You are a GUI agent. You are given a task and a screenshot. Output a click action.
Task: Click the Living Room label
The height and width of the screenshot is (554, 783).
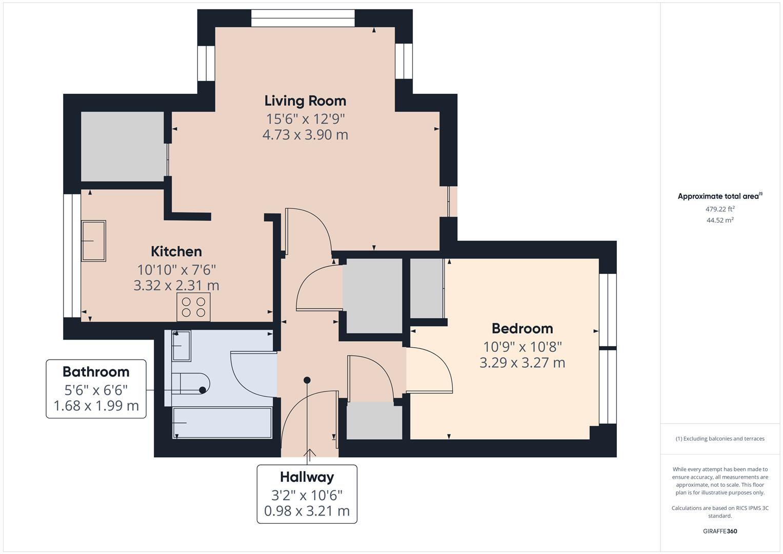coord(305,101)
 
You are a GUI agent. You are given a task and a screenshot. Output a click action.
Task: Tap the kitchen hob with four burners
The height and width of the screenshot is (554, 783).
coord(193,307)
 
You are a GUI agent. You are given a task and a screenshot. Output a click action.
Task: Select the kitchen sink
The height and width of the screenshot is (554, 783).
coord(93,241)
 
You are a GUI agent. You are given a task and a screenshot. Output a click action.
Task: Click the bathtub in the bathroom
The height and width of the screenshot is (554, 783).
coord(222,423)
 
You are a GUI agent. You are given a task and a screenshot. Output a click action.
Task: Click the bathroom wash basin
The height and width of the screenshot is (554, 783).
coord(181,345)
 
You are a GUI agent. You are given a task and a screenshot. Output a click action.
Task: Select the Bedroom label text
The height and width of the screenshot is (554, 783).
coord(522,328)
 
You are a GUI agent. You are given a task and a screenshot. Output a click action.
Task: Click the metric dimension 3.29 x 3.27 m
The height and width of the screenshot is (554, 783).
coord(522,363)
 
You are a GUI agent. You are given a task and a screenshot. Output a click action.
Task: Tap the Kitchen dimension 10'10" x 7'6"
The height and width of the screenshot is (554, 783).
coord(176,269)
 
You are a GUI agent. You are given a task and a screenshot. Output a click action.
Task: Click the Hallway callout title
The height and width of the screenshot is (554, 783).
coord(307,477)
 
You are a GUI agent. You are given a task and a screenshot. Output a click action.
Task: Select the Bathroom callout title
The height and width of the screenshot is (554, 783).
coord(96,371)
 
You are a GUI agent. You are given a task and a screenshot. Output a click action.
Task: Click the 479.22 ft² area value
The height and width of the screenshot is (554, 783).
coord(720,209)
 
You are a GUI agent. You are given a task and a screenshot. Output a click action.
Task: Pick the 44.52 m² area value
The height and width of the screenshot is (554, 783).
coord(720,220)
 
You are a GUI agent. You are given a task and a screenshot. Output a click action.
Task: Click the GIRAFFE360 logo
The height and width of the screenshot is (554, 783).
coord(720,531)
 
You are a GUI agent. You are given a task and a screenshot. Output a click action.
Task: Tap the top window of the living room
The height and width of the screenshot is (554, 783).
coord(303,18)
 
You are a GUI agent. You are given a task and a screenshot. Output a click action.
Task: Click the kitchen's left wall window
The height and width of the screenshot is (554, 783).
coord(72,255)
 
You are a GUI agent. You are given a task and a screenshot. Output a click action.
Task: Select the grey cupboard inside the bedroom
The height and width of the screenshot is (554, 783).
coord(427,288)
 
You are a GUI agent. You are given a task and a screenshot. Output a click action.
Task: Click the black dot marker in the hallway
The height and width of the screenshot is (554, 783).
coord(307,380)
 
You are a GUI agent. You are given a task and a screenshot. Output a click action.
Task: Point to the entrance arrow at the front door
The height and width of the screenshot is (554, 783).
coord(310,453)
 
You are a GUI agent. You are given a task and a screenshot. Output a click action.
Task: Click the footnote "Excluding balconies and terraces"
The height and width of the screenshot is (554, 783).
coord(720,439)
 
